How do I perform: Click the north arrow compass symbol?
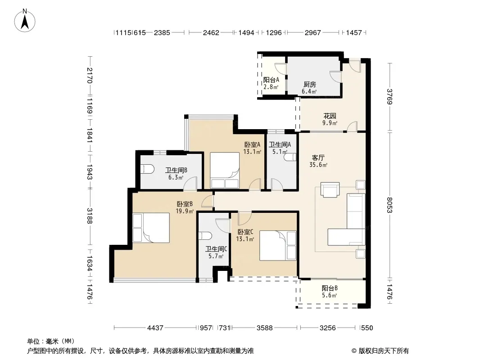[x=25, y=21]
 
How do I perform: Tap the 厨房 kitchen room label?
[x=309, y=84]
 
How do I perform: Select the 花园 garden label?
[x=330, y=116]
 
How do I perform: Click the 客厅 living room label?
[x=318, y=158]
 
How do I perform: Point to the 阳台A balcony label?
[x=271, y=80]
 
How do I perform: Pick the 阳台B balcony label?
[x=330, y=288]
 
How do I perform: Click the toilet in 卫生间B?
[x=147, y=169]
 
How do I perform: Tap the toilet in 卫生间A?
[x=290, y=157]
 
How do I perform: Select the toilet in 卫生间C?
[x=205, y=236]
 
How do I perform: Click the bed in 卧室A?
[x=225, y=171]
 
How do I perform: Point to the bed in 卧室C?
[x=278, y=246]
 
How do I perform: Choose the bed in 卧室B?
[x=151, y=228]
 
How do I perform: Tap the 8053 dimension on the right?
[x=389, y=205]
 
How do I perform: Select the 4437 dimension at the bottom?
[x=155, y=328]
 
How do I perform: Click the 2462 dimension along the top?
[x=211, y=32]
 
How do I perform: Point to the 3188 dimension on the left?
[x=89, y=216]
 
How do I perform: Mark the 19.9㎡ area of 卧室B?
[x=185, y=211]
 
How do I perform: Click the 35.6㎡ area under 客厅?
[x=318, y=165]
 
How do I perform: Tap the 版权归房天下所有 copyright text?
[x=384, y=351]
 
